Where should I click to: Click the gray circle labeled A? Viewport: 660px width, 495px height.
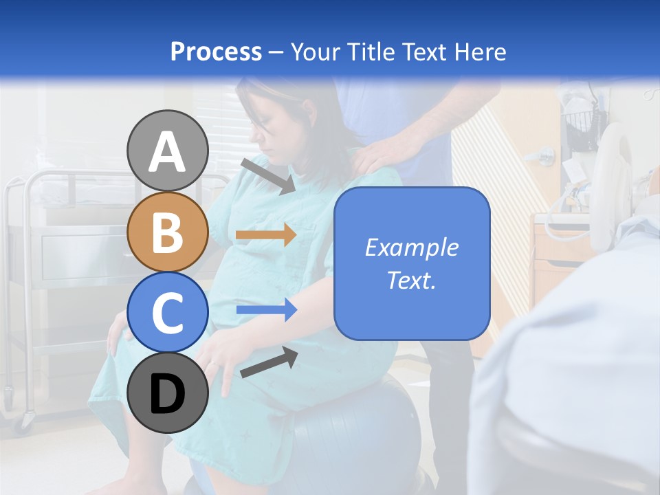point(168,151)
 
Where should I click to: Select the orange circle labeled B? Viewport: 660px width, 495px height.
point(168,232)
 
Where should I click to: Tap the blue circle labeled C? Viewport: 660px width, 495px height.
point(168,312)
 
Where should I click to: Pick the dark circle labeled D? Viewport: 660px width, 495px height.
point(168,393)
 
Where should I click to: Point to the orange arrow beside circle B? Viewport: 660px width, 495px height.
point(266,234)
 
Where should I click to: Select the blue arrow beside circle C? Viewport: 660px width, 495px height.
point(266,311)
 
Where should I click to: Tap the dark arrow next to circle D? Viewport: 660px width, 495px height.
point(269,362)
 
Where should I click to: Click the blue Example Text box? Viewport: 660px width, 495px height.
point(412,263)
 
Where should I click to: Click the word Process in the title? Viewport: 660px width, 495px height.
point(216,52)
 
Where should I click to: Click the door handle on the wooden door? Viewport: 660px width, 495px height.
point(546,155)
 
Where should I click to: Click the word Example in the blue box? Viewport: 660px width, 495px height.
point(411,247)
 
